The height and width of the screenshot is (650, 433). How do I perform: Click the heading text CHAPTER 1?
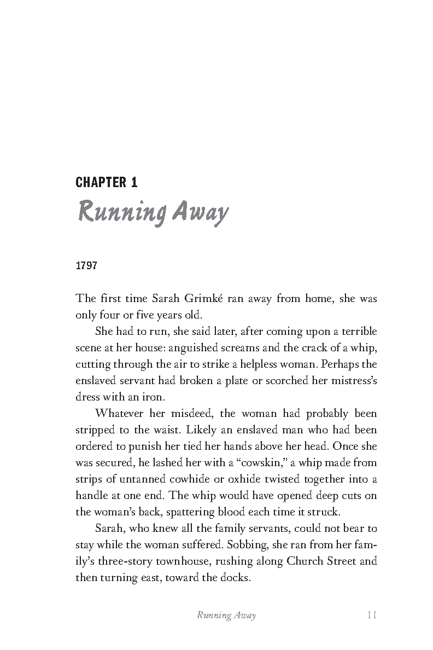click(106, 182)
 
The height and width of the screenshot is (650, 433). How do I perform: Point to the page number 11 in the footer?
click(372, 616)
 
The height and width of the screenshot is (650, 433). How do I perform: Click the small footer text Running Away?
click(226, 616)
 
